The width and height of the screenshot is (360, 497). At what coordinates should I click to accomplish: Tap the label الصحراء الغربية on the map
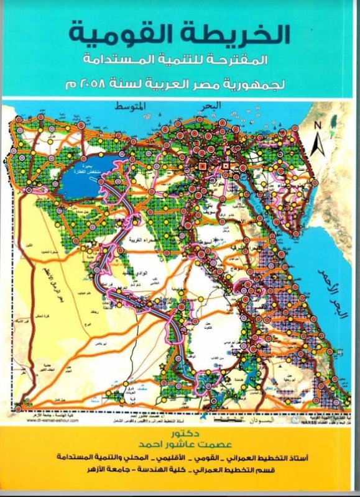pos(167,238)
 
